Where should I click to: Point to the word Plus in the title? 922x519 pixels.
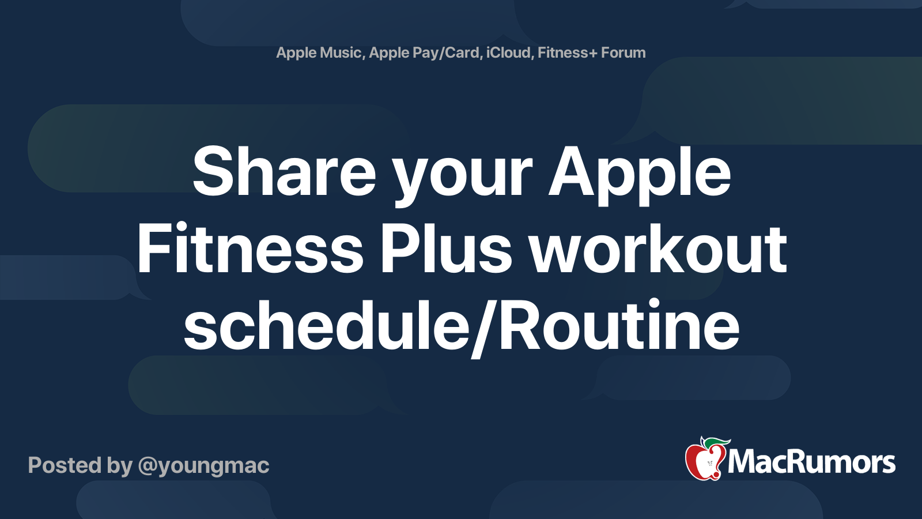pyautogui.click(x=445, y=250)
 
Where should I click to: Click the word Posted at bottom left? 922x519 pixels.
pyautogui.click(x=65, y=465)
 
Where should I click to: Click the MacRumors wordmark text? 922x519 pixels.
pyautogui.click(x=811, y=462)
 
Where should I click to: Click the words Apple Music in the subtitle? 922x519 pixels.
pyautogui.click(x=319, y=52)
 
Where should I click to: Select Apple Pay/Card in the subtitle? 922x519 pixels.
pyautogui.click(x=425, y=52)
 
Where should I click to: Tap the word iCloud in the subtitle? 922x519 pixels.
pyautogui.click(x=508, y=52)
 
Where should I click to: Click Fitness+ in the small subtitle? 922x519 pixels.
pyautogui.click(x=567, y=52)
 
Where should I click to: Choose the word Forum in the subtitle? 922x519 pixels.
pyautogui.click(x=623, y=52)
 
